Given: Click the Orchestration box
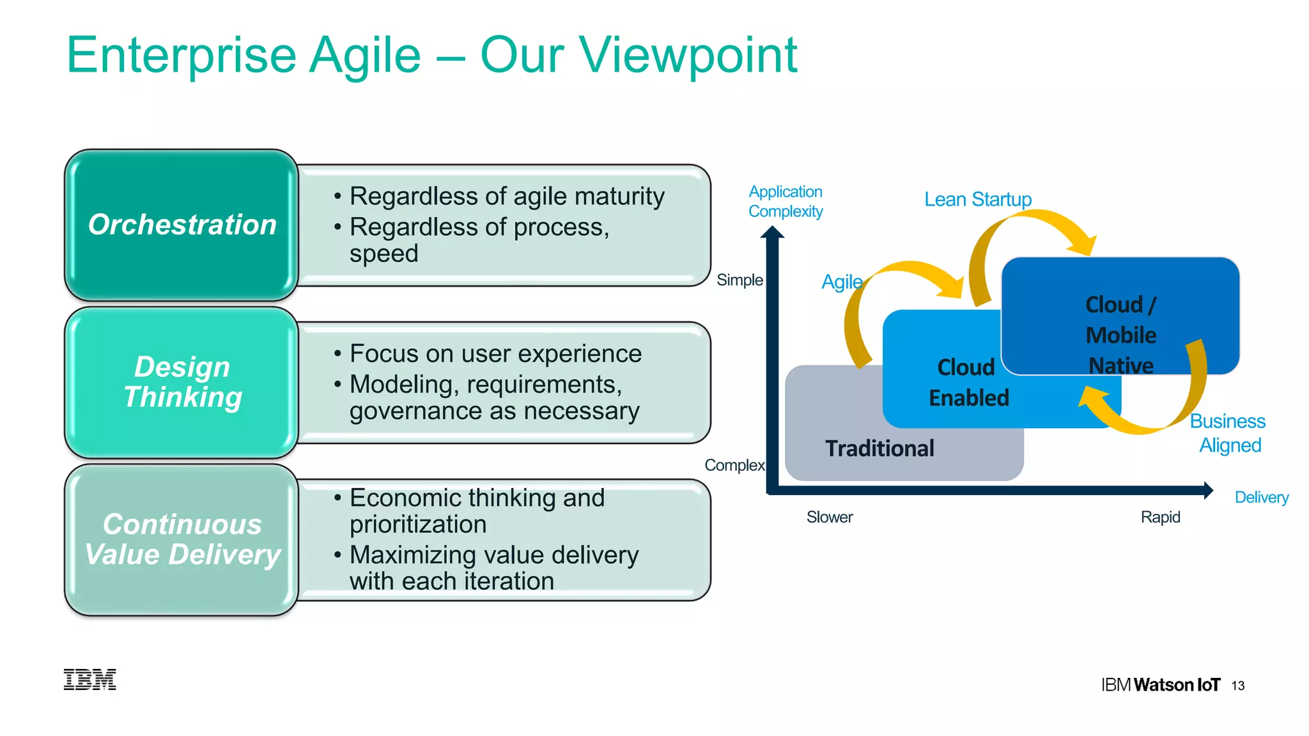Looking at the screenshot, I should (182, 225).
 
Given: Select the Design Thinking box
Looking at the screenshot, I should (182, 382).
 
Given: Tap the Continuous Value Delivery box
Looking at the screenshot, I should (182, 540).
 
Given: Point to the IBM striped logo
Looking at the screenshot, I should (90, 680).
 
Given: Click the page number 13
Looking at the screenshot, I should (1238, 686).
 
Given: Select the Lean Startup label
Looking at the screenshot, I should (978, 199).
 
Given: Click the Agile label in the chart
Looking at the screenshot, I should (842, 282).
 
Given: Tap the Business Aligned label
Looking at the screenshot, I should (1228, 433).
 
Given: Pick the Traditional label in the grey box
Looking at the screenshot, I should (879, 448).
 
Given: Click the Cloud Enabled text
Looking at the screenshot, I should (968, 382).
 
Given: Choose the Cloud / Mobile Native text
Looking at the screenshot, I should (1120, 335).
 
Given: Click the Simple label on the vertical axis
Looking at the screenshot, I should (740, 280).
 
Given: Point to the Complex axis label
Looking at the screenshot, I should (734, 465).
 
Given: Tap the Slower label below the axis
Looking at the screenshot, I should (830, 517).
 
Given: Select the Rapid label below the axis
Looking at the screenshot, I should (1160, 517).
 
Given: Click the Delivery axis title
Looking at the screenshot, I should (1261, 497).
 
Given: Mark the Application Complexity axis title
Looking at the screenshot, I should (786, 201).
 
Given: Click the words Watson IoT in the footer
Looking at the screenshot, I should (1177, 685).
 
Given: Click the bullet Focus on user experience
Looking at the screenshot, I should (495, 354).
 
